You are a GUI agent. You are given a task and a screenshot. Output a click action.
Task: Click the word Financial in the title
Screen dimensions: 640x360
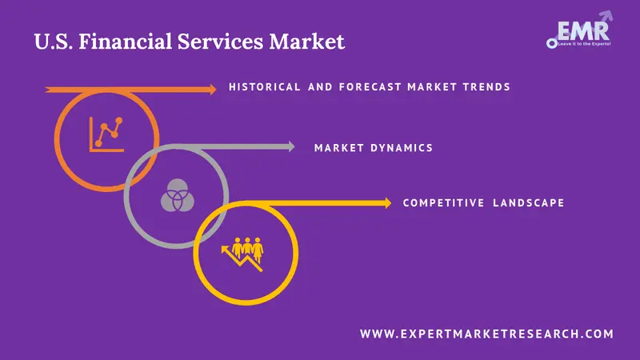(x=126, y=42)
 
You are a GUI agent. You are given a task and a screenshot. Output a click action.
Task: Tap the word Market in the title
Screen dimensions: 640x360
(x=306, y=42)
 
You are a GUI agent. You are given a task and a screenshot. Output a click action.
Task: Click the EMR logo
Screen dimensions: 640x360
(x=579, y=30)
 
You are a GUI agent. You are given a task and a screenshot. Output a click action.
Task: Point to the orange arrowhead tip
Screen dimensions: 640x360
(x=216, y=90)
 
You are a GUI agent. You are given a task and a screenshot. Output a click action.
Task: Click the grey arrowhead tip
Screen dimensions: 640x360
(x=294, y=146)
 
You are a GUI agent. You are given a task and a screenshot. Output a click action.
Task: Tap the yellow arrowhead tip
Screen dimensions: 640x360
(x=391, y=203)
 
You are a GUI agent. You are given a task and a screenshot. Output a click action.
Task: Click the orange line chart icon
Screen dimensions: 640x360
(x=106, y=134)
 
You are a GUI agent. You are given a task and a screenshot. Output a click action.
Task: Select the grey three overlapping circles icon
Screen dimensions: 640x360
(x=177, y=195)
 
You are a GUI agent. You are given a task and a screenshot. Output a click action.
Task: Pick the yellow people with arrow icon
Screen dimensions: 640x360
(x=243, y=254)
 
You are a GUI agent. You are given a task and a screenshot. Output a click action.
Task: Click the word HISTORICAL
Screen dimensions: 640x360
(x=265, y=87)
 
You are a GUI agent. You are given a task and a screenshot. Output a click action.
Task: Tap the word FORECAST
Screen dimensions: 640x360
(x=370, y=87)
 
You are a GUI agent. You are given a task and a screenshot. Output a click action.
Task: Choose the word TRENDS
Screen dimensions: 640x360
(x=486, y=87)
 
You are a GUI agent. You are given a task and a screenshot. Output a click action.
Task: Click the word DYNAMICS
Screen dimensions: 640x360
(x=402, y=148)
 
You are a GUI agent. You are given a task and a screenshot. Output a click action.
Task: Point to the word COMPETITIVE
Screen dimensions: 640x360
(x=443, y=203)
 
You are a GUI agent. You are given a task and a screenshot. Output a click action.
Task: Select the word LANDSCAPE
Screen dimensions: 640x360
(x=529, y=203)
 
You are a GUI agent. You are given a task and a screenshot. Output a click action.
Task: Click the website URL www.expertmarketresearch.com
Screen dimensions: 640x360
(x=486, y=334)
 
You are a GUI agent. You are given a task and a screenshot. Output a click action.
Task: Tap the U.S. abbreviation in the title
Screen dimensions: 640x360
(x=54, y=42)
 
